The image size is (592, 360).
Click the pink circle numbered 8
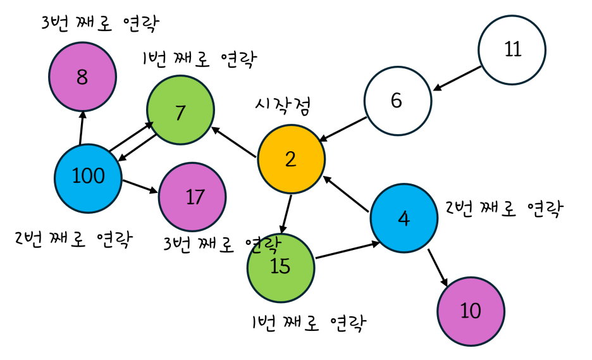83,77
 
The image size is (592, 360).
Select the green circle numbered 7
180,109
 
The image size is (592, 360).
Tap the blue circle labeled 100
88,178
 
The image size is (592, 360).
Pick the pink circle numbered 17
192,197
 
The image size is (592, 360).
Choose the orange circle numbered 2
291,159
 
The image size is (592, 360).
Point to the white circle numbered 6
397,101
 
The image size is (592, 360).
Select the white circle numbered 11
512,50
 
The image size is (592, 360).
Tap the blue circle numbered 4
404,218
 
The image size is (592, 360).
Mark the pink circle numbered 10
471,311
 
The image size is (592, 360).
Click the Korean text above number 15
266,245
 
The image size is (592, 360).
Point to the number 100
88,176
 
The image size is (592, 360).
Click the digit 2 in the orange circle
290,159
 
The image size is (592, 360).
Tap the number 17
195,197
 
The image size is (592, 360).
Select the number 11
512,49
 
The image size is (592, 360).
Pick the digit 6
397,101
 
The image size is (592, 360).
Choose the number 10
471,311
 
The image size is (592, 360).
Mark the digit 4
404,219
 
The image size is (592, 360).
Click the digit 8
82,78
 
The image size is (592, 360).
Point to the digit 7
180,113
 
